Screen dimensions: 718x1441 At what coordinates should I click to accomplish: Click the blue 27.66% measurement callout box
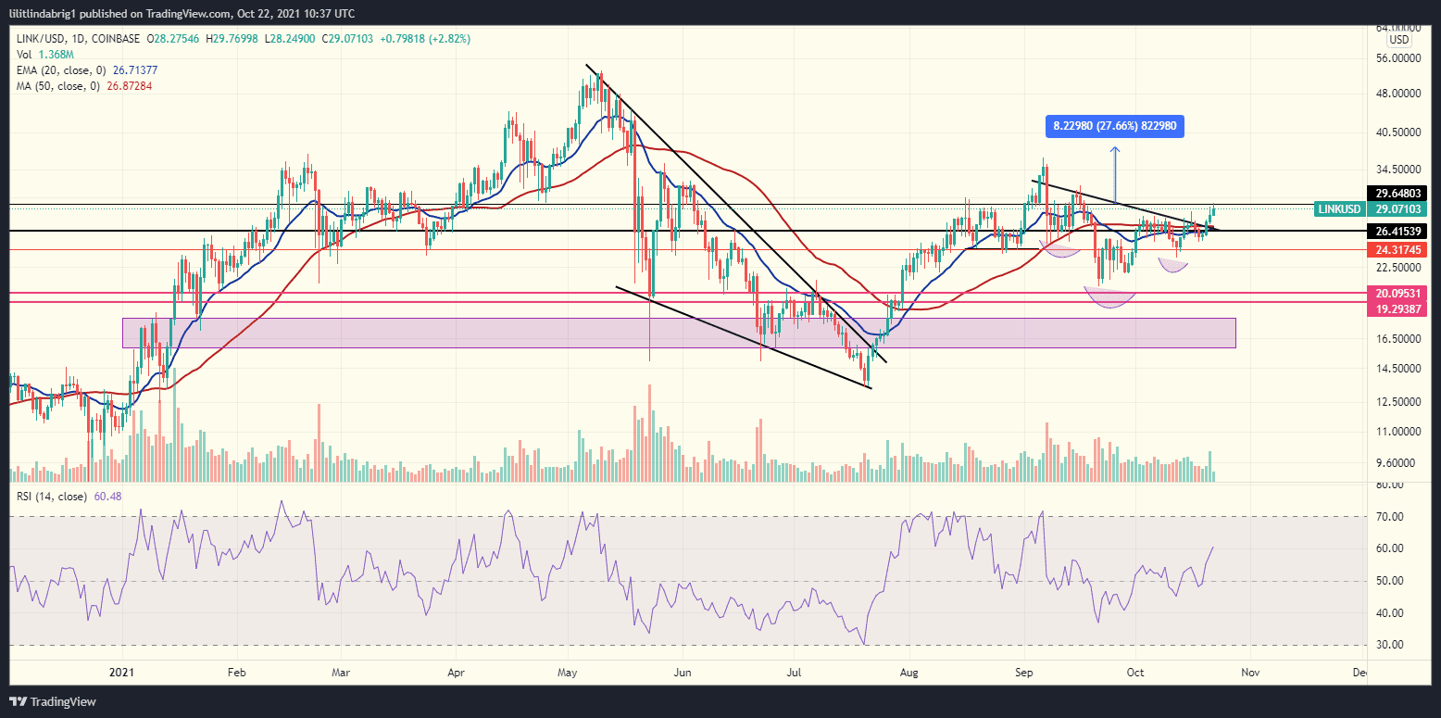click(1116, 127)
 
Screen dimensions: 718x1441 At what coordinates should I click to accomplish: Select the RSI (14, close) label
click(51, 497)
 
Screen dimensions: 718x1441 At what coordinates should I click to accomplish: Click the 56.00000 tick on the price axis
click(1397, 58)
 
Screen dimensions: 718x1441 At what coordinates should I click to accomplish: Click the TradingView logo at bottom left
click(53, 701)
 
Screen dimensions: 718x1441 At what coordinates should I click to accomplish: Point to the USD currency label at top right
click(1398, 40)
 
